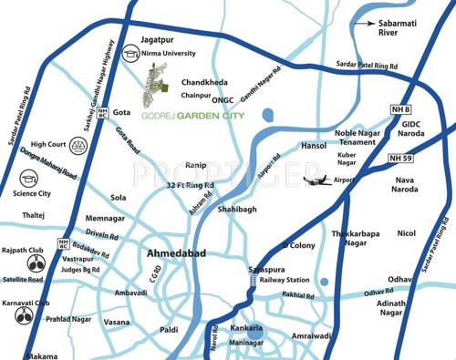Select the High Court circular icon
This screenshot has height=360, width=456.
click(15, 144)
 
